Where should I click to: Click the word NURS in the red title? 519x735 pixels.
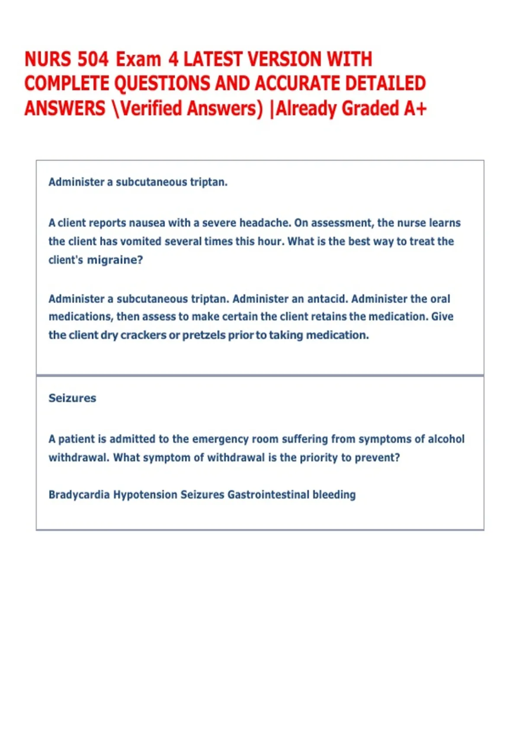pos(48,59)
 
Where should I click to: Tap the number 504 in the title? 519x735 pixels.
pos(93,59)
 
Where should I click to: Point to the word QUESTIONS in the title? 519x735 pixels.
pos(162,83)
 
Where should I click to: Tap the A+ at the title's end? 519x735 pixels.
pos(415,108)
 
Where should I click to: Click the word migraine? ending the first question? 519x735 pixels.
pos(115,260)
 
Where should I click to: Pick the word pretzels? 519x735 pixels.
pos(203,335)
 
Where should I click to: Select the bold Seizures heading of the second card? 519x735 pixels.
pos(72,398)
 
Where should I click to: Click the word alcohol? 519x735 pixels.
pos(446,439)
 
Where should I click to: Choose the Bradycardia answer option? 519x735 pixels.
pos(79,495)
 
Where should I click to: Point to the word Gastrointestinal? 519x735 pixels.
pos(268,495)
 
